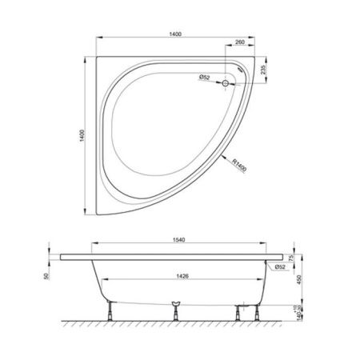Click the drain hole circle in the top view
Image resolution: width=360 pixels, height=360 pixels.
click(x=226, y=82)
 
